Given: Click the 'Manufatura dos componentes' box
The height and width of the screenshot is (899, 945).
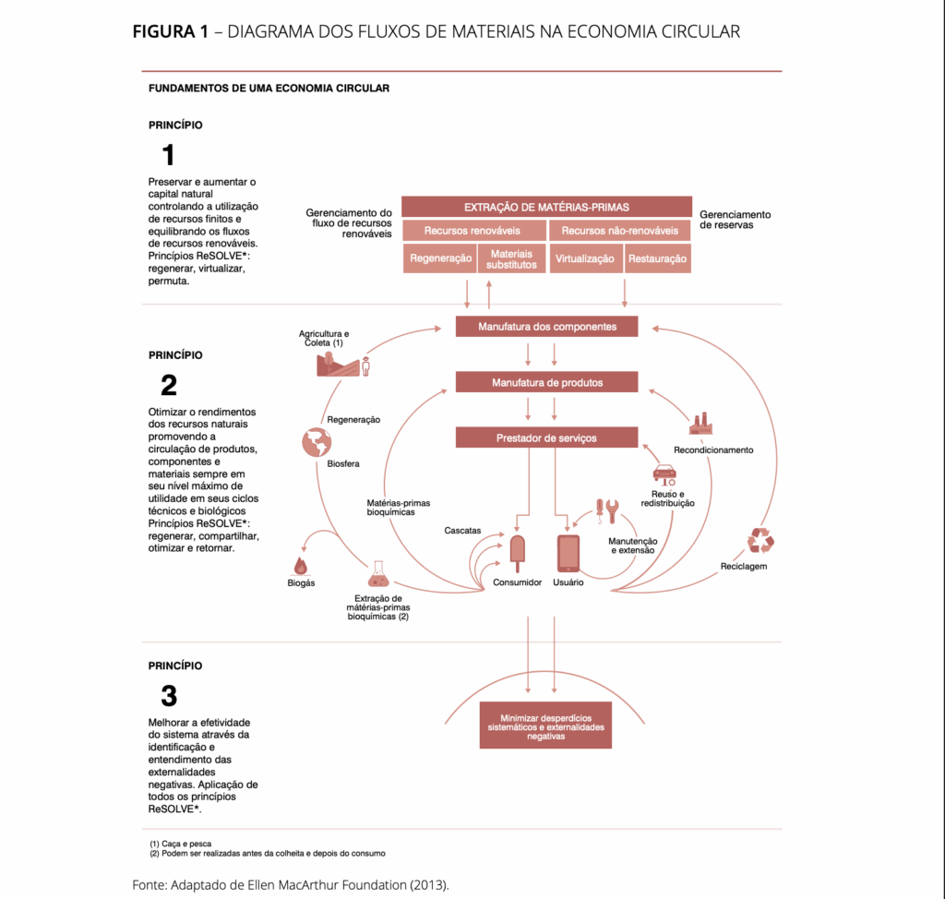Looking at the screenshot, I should [546, 327].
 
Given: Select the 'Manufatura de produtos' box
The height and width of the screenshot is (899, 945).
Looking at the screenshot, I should [546, 382].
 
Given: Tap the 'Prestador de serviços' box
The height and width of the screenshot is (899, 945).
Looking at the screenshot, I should [546, 438].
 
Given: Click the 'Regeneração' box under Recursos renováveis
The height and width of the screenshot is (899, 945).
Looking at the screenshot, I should [440, 258].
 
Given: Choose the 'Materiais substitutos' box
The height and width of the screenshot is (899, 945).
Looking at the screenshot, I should [512, 258].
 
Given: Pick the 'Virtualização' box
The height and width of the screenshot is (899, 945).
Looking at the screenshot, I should [585, 258].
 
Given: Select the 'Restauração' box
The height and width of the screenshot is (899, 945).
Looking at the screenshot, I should [658, 258].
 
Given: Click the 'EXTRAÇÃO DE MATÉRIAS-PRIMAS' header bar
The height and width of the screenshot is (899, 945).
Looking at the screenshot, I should [546, 207].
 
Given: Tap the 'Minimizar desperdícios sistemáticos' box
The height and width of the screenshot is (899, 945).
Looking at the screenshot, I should [546, 725].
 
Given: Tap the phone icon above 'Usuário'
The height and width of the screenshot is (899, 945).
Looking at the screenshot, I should [568, 554].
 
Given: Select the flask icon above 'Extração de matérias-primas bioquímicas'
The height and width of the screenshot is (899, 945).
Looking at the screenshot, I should [377, 574].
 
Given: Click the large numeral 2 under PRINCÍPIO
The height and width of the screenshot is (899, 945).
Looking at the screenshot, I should [168, 385].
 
